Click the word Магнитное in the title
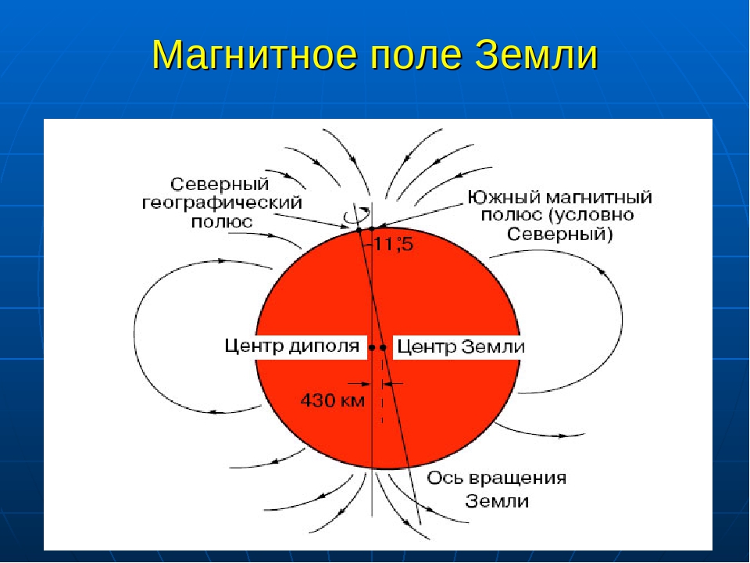[255, 56]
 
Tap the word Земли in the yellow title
[537, 55]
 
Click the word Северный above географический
[220, 185]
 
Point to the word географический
[222, 203]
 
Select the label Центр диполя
[291, 346]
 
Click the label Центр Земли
[461, 346]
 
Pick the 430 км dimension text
[333, 400]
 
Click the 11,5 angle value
[393, 244]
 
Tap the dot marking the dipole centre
[372, 347]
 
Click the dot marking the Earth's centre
[383, 347]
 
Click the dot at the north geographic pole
[359, 230]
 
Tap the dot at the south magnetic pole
[372, 228]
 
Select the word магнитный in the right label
[599, 197]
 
